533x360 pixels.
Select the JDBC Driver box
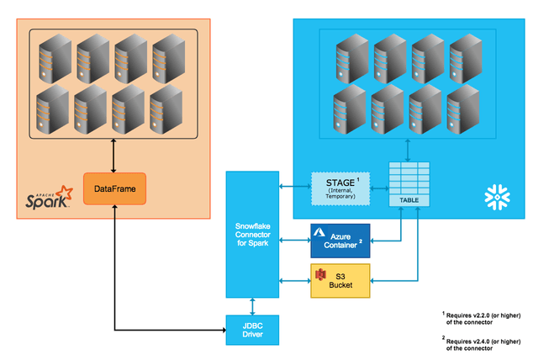click(252, 329)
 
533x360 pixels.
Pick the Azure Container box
click(340, 239)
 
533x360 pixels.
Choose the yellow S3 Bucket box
click(340, 280)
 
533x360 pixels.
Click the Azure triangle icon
click(320, 230)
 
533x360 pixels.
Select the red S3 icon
click(319, 273)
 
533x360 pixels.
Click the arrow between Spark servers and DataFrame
click(114, 156)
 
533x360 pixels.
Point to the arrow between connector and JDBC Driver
click(252, 305)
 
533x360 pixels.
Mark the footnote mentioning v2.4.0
click(484, 345)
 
